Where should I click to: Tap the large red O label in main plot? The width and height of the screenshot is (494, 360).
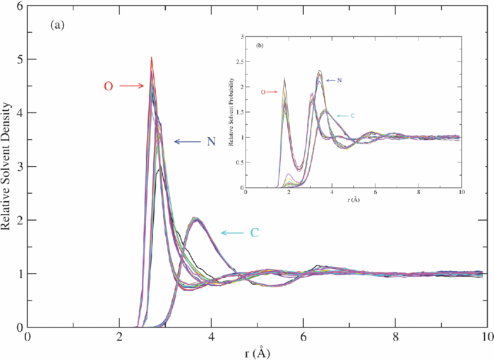tap(108, 86)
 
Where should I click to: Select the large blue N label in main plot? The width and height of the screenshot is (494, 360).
tap(211, 142)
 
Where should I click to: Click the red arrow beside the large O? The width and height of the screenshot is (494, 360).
tap(131, 86)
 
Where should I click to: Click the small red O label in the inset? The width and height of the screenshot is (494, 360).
tap(263, 92)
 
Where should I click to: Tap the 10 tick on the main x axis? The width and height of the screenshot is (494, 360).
tap(487, 337)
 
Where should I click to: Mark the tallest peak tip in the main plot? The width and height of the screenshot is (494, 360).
tap(151, 58)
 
